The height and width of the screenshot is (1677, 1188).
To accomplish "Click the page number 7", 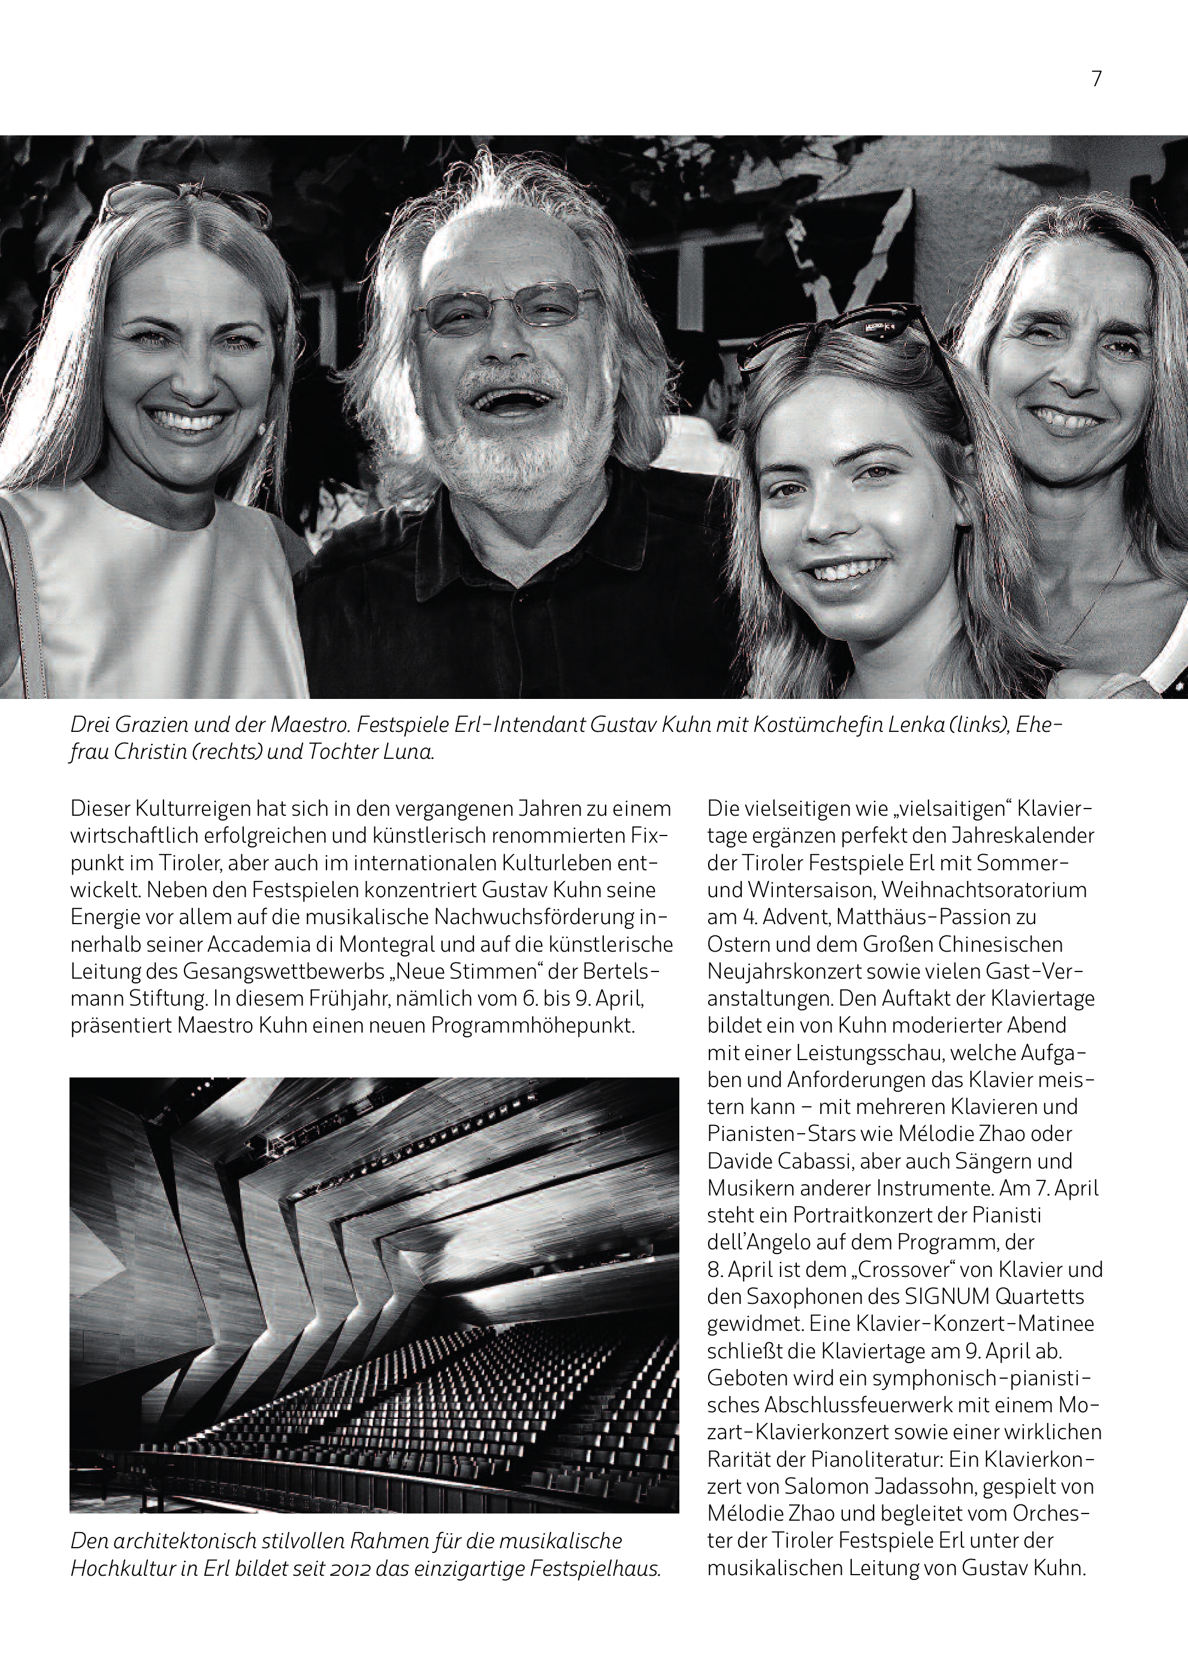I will [x=1096, y=79].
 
